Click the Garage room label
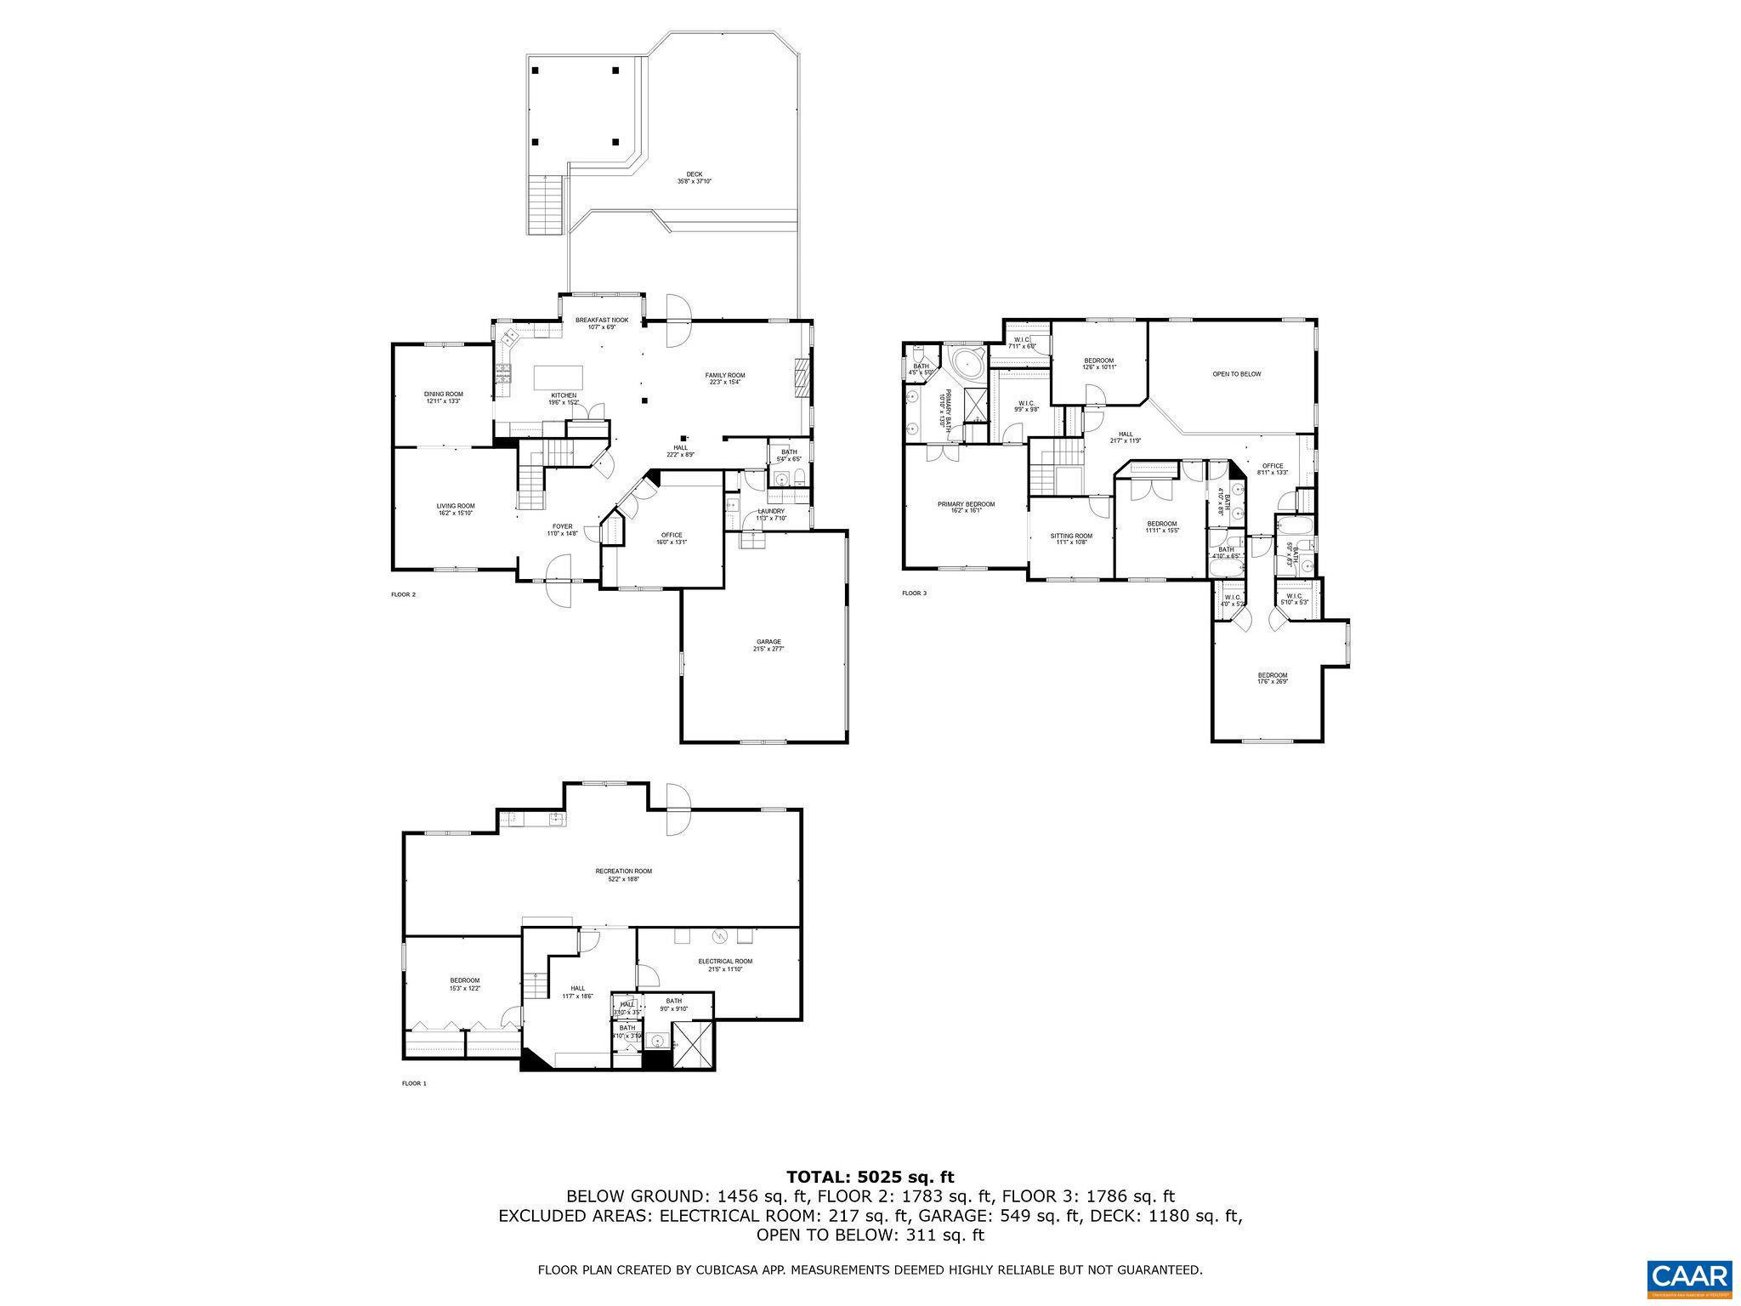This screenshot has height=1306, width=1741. coord(768,644)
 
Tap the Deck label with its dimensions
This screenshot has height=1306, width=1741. coord(694,178)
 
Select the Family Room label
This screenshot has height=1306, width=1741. coord(724,378)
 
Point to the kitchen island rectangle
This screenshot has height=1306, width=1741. coord(559,377)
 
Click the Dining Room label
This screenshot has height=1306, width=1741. coord(443,397)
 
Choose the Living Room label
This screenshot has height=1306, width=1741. coord(455,509)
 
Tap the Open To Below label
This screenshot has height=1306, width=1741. coord(1236,374)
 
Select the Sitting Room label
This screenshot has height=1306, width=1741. coord(1070,539)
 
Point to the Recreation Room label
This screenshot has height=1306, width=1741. coord(623,875)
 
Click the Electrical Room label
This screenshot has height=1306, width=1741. coord(725,965)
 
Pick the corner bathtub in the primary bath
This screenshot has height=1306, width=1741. coord(966,366)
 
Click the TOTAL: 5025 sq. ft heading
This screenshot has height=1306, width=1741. coord(870,1178)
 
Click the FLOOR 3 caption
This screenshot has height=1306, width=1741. coord(914,593)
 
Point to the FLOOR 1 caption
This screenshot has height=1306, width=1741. coord(414,1083)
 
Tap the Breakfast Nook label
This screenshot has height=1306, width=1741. coord(601,323)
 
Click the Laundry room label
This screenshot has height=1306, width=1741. coord(771,514)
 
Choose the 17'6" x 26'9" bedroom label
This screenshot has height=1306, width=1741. coord(1273,678)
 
